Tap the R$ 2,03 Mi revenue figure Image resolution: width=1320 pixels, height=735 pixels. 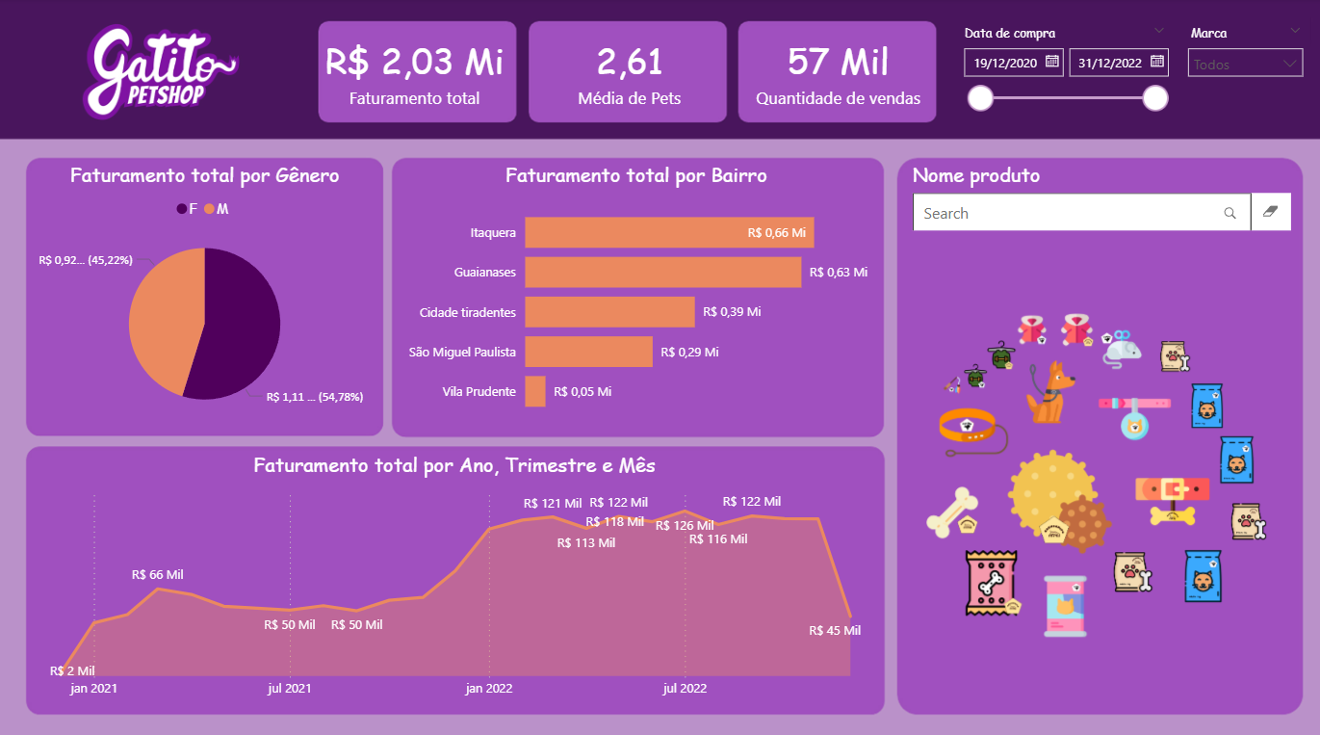point(414,62)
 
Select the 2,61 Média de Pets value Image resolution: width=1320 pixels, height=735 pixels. point(629,62)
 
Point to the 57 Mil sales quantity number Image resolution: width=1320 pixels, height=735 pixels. point(838,62)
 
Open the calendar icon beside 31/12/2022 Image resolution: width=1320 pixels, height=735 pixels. point(1157,62)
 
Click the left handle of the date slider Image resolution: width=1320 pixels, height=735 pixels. point(980,98)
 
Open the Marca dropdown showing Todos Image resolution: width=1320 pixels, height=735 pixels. point(1245,65)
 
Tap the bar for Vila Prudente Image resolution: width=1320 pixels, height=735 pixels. point(535,391)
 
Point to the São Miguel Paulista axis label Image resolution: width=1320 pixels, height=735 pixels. point(462,352)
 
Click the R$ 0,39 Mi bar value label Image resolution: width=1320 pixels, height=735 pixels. point(732,312)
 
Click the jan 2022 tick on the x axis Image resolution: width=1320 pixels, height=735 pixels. point(489,688)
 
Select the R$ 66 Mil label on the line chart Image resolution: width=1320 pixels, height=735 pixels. point(157,575)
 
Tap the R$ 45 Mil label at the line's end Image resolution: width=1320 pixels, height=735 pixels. point(835,631)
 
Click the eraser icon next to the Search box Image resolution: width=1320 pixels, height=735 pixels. point(1270,213)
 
